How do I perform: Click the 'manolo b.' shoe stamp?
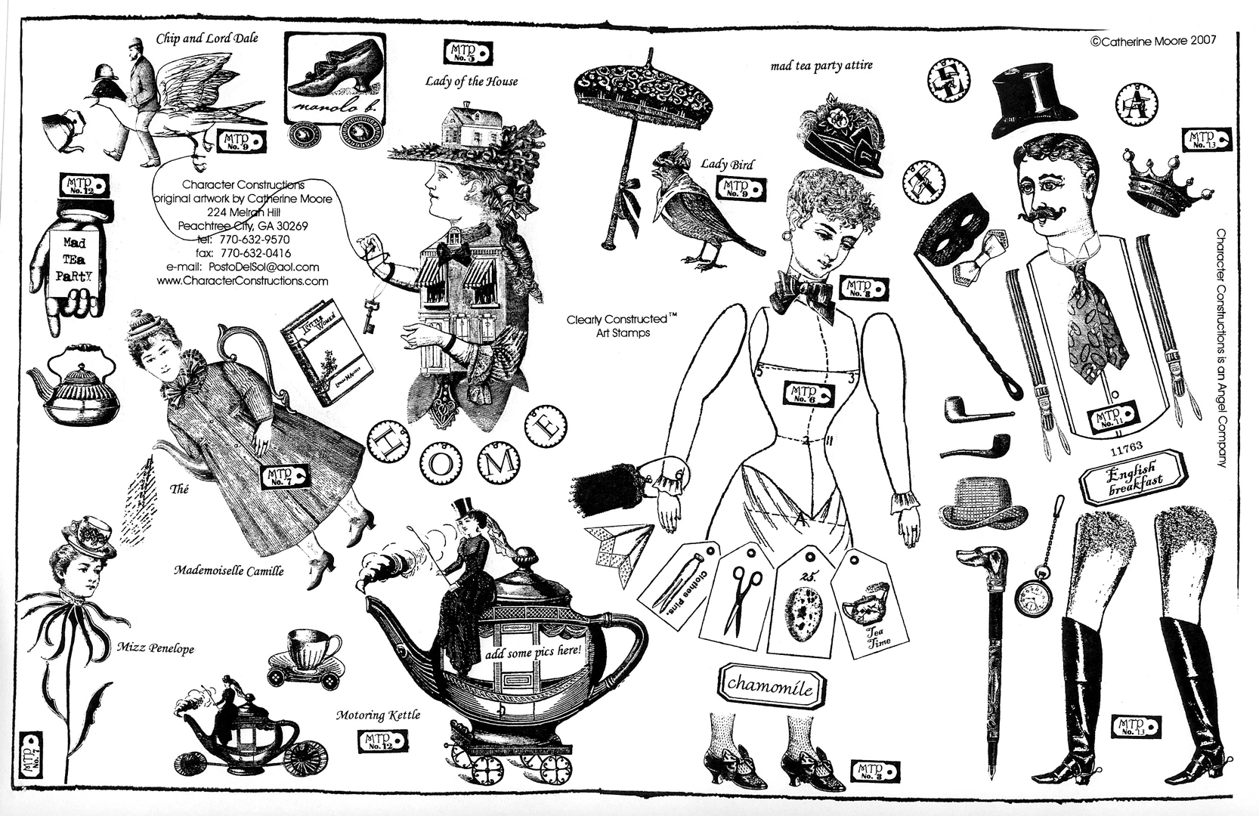click(338, 79)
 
